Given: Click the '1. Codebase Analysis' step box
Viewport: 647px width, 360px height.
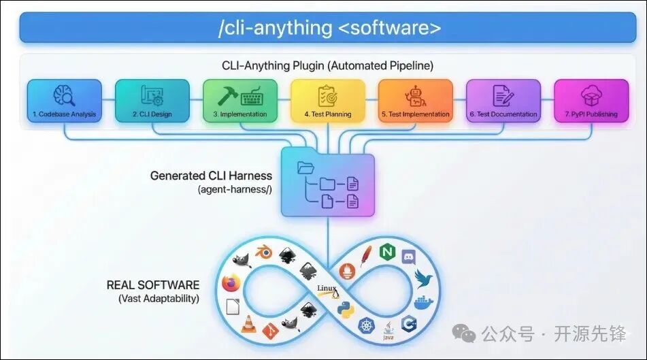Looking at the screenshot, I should point(65,101).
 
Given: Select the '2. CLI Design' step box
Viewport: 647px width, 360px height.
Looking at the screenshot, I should point(152,101).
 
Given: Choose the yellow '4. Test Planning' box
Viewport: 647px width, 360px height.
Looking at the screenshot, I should point(328,101).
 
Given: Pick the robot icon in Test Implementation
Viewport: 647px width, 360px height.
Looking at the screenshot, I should point(415,95).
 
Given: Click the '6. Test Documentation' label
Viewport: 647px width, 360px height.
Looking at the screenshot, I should point(503,114).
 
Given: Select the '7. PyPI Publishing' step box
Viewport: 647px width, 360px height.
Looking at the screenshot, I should point(591,101).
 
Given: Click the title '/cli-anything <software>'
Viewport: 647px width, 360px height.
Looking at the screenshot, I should point(329,28).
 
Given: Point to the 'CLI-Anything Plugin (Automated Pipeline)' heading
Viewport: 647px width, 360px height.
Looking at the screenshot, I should point(327,66).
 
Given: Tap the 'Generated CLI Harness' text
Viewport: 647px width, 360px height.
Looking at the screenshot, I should point(211,176).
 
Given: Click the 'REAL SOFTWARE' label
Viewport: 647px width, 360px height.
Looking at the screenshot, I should point(153,285).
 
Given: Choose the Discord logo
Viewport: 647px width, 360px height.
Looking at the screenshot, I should point(408,257).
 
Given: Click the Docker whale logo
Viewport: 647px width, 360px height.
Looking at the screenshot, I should point(424,301).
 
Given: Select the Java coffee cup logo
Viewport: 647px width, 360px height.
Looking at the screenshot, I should point(388,331).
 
